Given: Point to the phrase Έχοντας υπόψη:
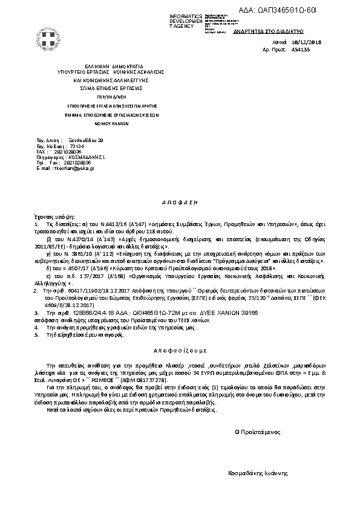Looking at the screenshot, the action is pos(53,216).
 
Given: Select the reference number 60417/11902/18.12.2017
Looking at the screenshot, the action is pos(91,291).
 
